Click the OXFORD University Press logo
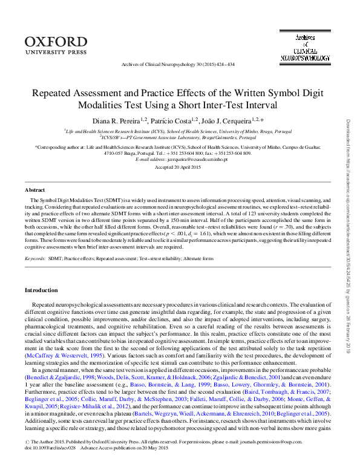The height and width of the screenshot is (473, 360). pyautogui.click(x=56, y=45)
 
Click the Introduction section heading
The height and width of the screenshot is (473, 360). pyautogui.click(x=41, y=290)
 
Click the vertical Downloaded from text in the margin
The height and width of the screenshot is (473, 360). pyautogui.click(x=349, y=236)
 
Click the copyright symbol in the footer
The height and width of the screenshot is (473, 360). pyautogui.click(x=27, y=458)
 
